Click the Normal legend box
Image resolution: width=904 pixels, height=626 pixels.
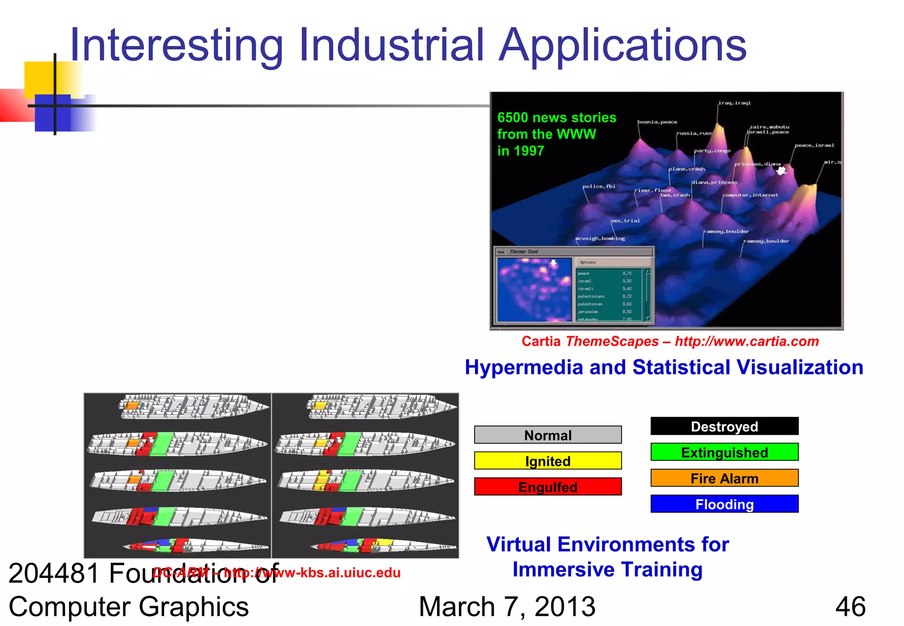point(547,435)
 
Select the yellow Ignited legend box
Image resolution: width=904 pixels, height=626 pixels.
point(547,461)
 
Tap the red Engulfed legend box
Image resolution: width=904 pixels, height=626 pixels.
point(547,486)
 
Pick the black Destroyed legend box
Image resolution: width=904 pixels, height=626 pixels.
point(724,426)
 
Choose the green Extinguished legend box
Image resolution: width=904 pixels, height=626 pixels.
point(724,452)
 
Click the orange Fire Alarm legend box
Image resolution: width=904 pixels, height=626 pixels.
point(724,478)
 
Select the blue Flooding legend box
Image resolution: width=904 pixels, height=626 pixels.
point(724,504)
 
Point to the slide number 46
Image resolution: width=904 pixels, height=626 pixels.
point(850,607)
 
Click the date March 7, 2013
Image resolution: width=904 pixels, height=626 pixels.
point(507,607)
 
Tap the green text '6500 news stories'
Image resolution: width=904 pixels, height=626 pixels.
point(556,117)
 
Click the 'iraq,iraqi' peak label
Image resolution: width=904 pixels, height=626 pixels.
point(734,103)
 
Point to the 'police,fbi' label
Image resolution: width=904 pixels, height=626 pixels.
point(599,186)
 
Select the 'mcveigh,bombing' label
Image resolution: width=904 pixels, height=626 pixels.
point(600,238)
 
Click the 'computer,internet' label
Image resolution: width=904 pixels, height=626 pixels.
point(750,195)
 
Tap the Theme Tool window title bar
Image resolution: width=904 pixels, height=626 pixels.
point(574,252)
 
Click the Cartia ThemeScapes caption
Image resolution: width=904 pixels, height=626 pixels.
point(670,341)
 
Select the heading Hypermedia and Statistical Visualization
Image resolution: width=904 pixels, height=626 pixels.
point(663,367)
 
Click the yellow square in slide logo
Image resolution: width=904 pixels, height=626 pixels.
point(40,77)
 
